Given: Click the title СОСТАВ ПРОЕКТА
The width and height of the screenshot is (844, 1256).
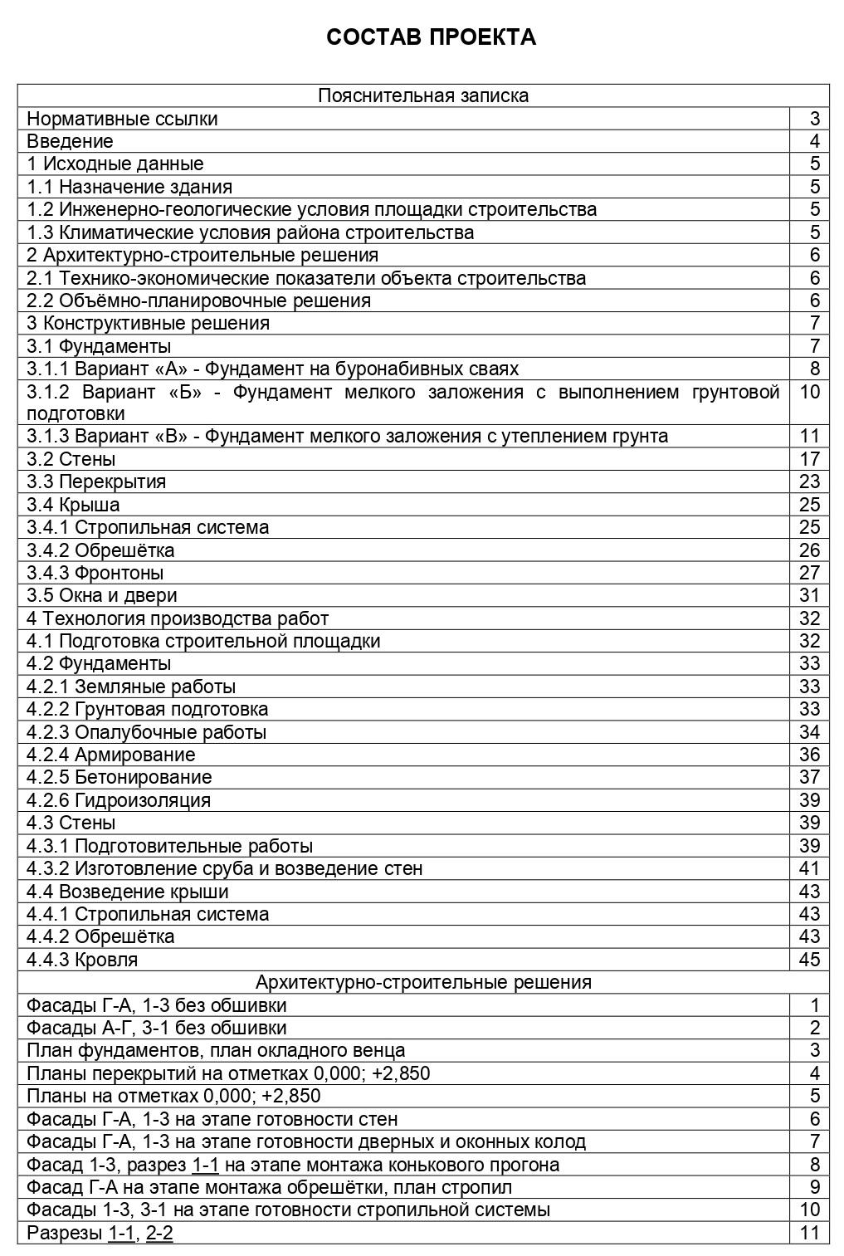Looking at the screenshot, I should pos(431,37).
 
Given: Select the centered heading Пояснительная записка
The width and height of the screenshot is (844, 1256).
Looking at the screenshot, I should pos(423,95).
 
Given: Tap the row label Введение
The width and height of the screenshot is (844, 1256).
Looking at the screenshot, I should pos(70,141).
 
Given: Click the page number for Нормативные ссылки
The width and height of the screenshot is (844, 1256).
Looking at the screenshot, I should pos(815,119).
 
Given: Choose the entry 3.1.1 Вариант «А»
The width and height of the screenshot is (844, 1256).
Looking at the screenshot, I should pos(272,369).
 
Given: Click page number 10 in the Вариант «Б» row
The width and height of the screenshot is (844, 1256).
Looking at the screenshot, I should pos(809,392).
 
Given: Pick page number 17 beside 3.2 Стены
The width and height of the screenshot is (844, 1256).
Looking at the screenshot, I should pos(809,459).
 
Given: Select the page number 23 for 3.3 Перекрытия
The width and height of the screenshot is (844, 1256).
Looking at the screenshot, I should pos(809,481).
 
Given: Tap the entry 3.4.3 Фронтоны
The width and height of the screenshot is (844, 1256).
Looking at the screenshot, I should pos(95,573).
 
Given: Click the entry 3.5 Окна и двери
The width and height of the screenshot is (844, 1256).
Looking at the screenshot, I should pos(101,595).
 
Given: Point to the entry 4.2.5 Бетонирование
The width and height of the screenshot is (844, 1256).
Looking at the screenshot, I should pos(119,777).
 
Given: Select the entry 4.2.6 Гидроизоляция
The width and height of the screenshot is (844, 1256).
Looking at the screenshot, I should pos(118,800).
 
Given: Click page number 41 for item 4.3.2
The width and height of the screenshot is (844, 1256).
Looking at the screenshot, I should pos(809,868).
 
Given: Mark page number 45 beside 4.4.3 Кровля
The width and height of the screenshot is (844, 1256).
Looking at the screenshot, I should pos(809,960).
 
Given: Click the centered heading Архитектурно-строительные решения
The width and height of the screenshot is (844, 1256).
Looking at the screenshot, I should pos(423,983).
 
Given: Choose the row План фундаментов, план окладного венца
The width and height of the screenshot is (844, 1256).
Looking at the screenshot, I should pos(216,1051).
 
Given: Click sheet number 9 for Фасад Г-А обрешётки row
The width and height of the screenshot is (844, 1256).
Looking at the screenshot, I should pos(815,1187).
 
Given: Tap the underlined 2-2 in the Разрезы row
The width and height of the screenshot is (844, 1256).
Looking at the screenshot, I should pos(159,1233).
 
